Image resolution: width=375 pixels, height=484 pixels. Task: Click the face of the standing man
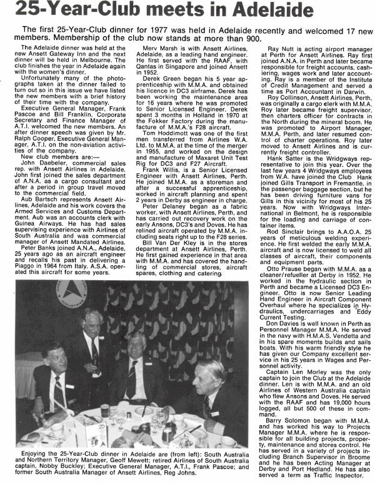[91, 323]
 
